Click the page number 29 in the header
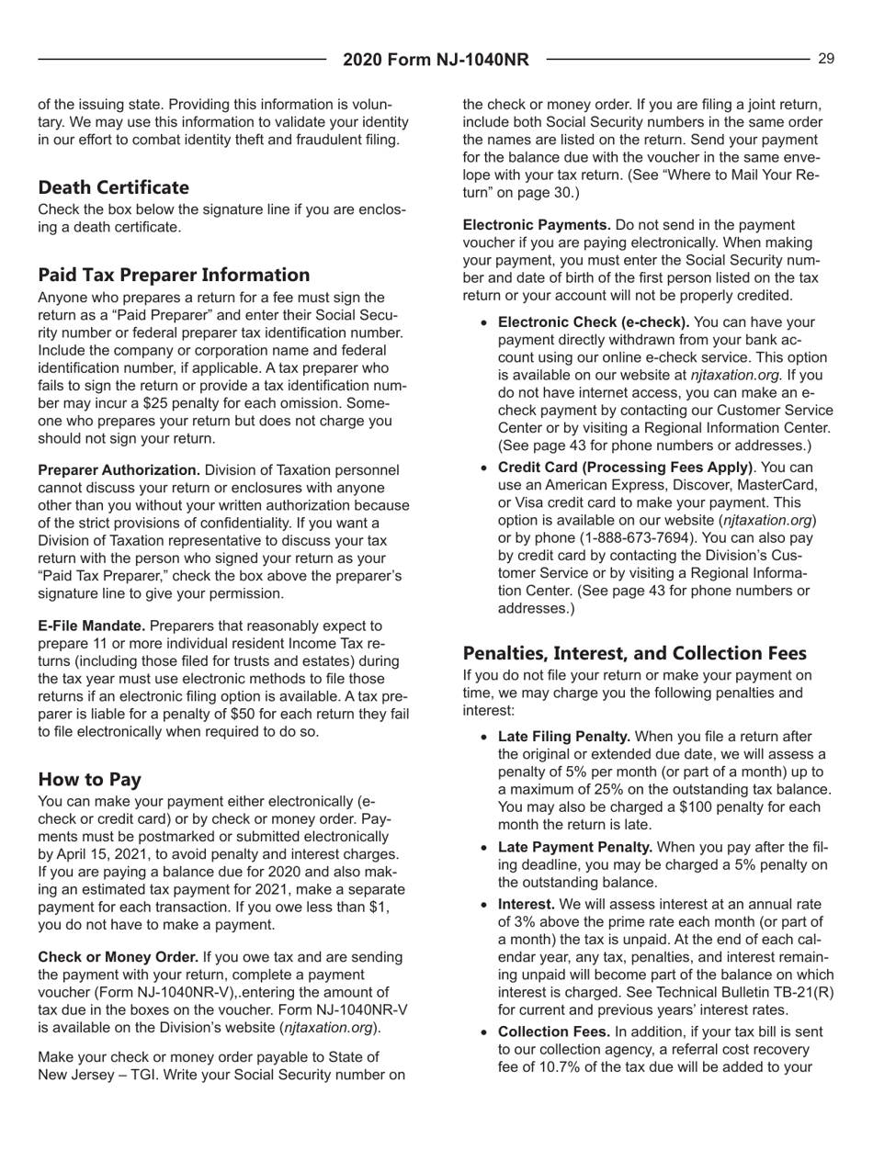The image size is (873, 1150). (x=826, y=60)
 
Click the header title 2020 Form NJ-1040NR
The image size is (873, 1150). (x=436, y=61)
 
